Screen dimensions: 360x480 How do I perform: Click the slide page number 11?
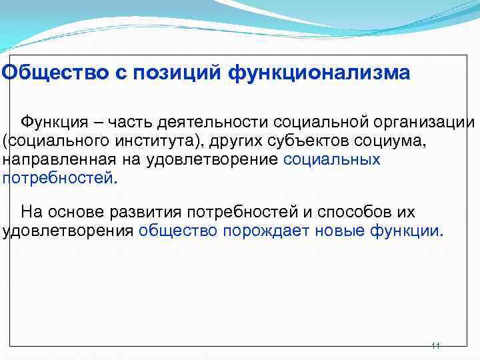[x=435, y=346]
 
